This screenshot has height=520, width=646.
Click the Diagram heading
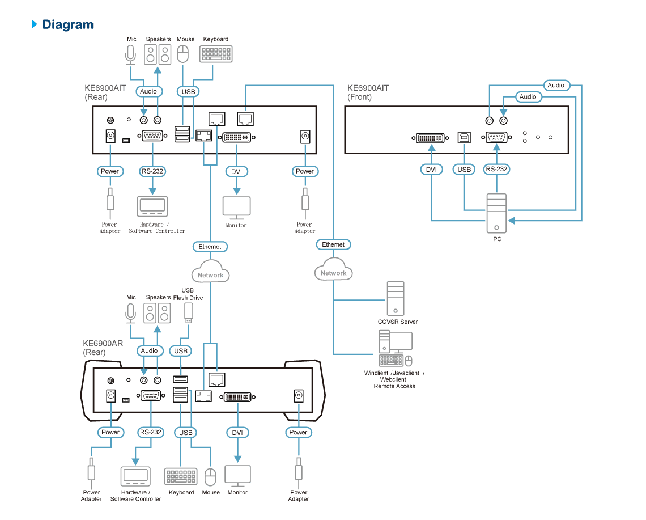tap(67, 24)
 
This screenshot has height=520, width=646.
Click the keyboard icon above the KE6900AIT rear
tap(216, 54)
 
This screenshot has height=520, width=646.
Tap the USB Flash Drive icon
tap(188, 313)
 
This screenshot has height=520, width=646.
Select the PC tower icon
tap(496, 214)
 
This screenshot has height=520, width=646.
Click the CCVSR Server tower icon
tap(396, 298)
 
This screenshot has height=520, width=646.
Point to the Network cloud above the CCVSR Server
tap(334, 269)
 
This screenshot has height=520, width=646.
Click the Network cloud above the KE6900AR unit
tap(211, 271)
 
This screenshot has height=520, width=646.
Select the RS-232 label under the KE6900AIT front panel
tap(496, 169)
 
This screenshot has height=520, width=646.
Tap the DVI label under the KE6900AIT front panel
tap(431, 170)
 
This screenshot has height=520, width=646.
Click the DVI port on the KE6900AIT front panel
tap(430, 138)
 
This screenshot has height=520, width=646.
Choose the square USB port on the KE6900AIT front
tap(464, 137)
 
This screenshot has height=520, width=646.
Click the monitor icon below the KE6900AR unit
tap(238, 476)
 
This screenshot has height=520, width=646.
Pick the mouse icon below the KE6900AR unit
tap(211, 477)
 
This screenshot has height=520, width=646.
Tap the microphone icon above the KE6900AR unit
tap(130, 314)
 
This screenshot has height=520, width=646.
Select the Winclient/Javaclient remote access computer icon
tap(396, 348)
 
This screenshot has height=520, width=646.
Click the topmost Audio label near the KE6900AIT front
tap(556, 86)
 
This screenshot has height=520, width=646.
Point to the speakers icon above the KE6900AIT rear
tap(158, 54)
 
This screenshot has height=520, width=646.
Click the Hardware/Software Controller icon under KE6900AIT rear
tap(152, 206)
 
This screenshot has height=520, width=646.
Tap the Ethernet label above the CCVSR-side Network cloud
tap(333, 244)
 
